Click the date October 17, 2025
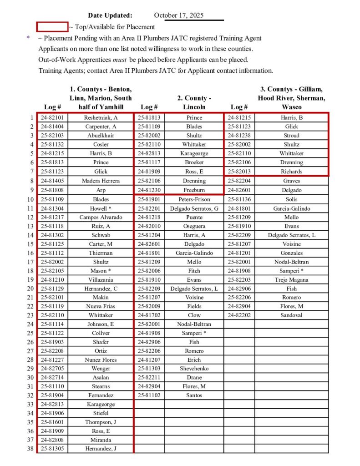coord(179,15)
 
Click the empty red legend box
coord(52,27)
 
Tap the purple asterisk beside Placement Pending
coord(28,38)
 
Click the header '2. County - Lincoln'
coord(194,102)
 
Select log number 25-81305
coord(52,449)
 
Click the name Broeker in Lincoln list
coord(194,162)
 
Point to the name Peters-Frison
coord(194,199)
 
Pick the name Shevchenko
coord(194,369)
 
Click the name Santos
coord(194,395)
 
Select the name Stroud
coord(292,136)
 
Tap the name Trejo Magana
coord(292,279)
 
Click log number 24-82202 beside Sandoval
coord(239,315)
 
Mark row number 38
coord(30,449)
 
